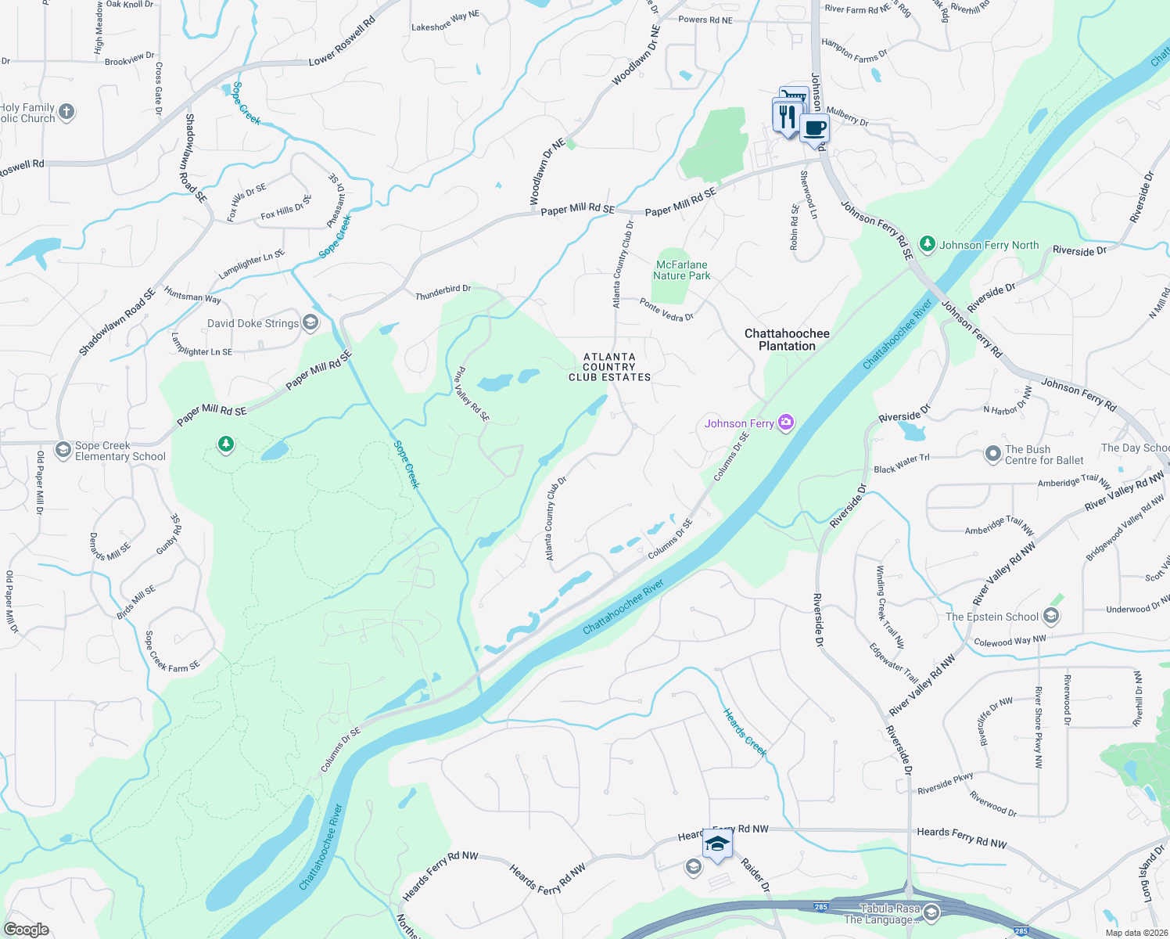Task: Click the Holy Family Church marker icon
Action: pos(66,112)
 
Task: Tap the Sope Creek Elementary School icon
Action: pos(63,451)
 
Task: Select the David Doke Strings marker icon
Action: pos(310,322)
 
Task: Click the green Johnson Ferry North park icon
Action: pos(927,245)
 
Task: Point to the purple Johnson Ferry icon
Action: pos(786,423)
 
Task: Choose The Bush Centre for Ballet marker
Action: pos(992,455)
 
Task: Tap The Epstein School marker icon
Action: pos(1051,617)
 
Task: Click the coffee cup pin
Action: pos(814,128)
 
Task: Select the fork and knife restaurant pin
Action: pos(786,117)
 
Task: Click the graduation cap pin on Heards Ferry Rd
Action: pos(717,845)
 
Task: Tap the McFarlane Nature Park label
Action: pos(681,270)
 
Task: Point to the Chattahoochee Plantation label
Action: pos(787,340)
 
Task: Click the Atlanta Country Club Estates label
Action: pos(609,367)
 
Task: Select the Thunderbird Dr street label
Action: pos(443,293)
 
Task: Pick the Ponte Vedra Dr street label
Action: pos(666,311)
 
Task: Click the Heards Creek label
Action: pos(745,732)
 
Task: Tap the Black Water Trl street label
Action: pos(901,464)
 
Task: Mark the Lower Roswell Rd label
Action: pos(342,41)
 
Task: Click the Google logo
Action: pos(27,930)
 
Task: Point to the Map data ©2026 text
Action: pos(1135,932)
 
